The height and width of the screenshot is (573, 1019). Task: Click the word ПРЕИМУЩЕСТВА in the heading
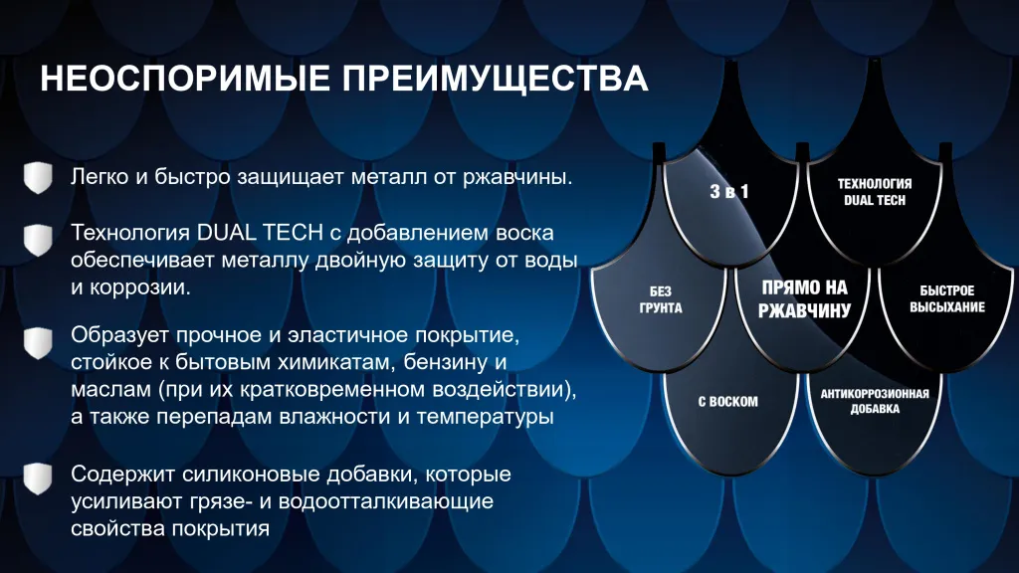pos(496,80)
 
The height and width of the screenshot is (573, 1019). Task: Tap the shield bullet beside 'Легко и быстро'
pos(38,177)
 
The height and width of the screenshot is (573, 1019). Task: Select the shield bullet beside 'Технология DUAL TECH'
pos(38,241)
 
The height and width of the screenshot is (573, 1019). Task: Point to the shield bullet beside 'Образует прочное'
pos(38,343)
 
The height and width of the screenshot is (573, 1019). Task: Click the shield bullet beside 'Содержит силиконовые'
pos(38,478)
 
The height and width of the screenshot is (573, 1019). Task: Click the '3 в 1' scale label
pos(729,191)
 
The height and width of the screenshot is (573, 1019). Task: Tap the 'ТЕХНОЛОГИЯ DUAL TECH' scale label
pos(874,192)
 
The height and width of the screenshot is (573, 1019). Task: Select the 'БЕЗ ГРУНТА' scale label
pos(661,299)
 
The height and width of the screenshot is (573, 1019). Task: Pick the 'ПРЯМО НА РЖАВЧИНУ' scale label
pos(804,298)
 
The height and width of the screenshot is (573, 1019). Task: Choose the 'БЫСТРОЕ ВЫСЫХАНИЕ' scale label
pos(947,298)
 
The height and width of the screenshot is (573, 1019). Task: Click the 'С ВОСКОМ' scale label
pos(727,402)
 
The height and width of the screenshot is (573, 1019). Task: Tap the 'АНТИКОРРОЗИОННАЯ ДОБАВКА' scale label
pos(874,402)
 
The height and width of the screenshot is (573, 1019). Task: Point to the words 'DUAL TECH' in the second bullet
pos(260,233)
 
